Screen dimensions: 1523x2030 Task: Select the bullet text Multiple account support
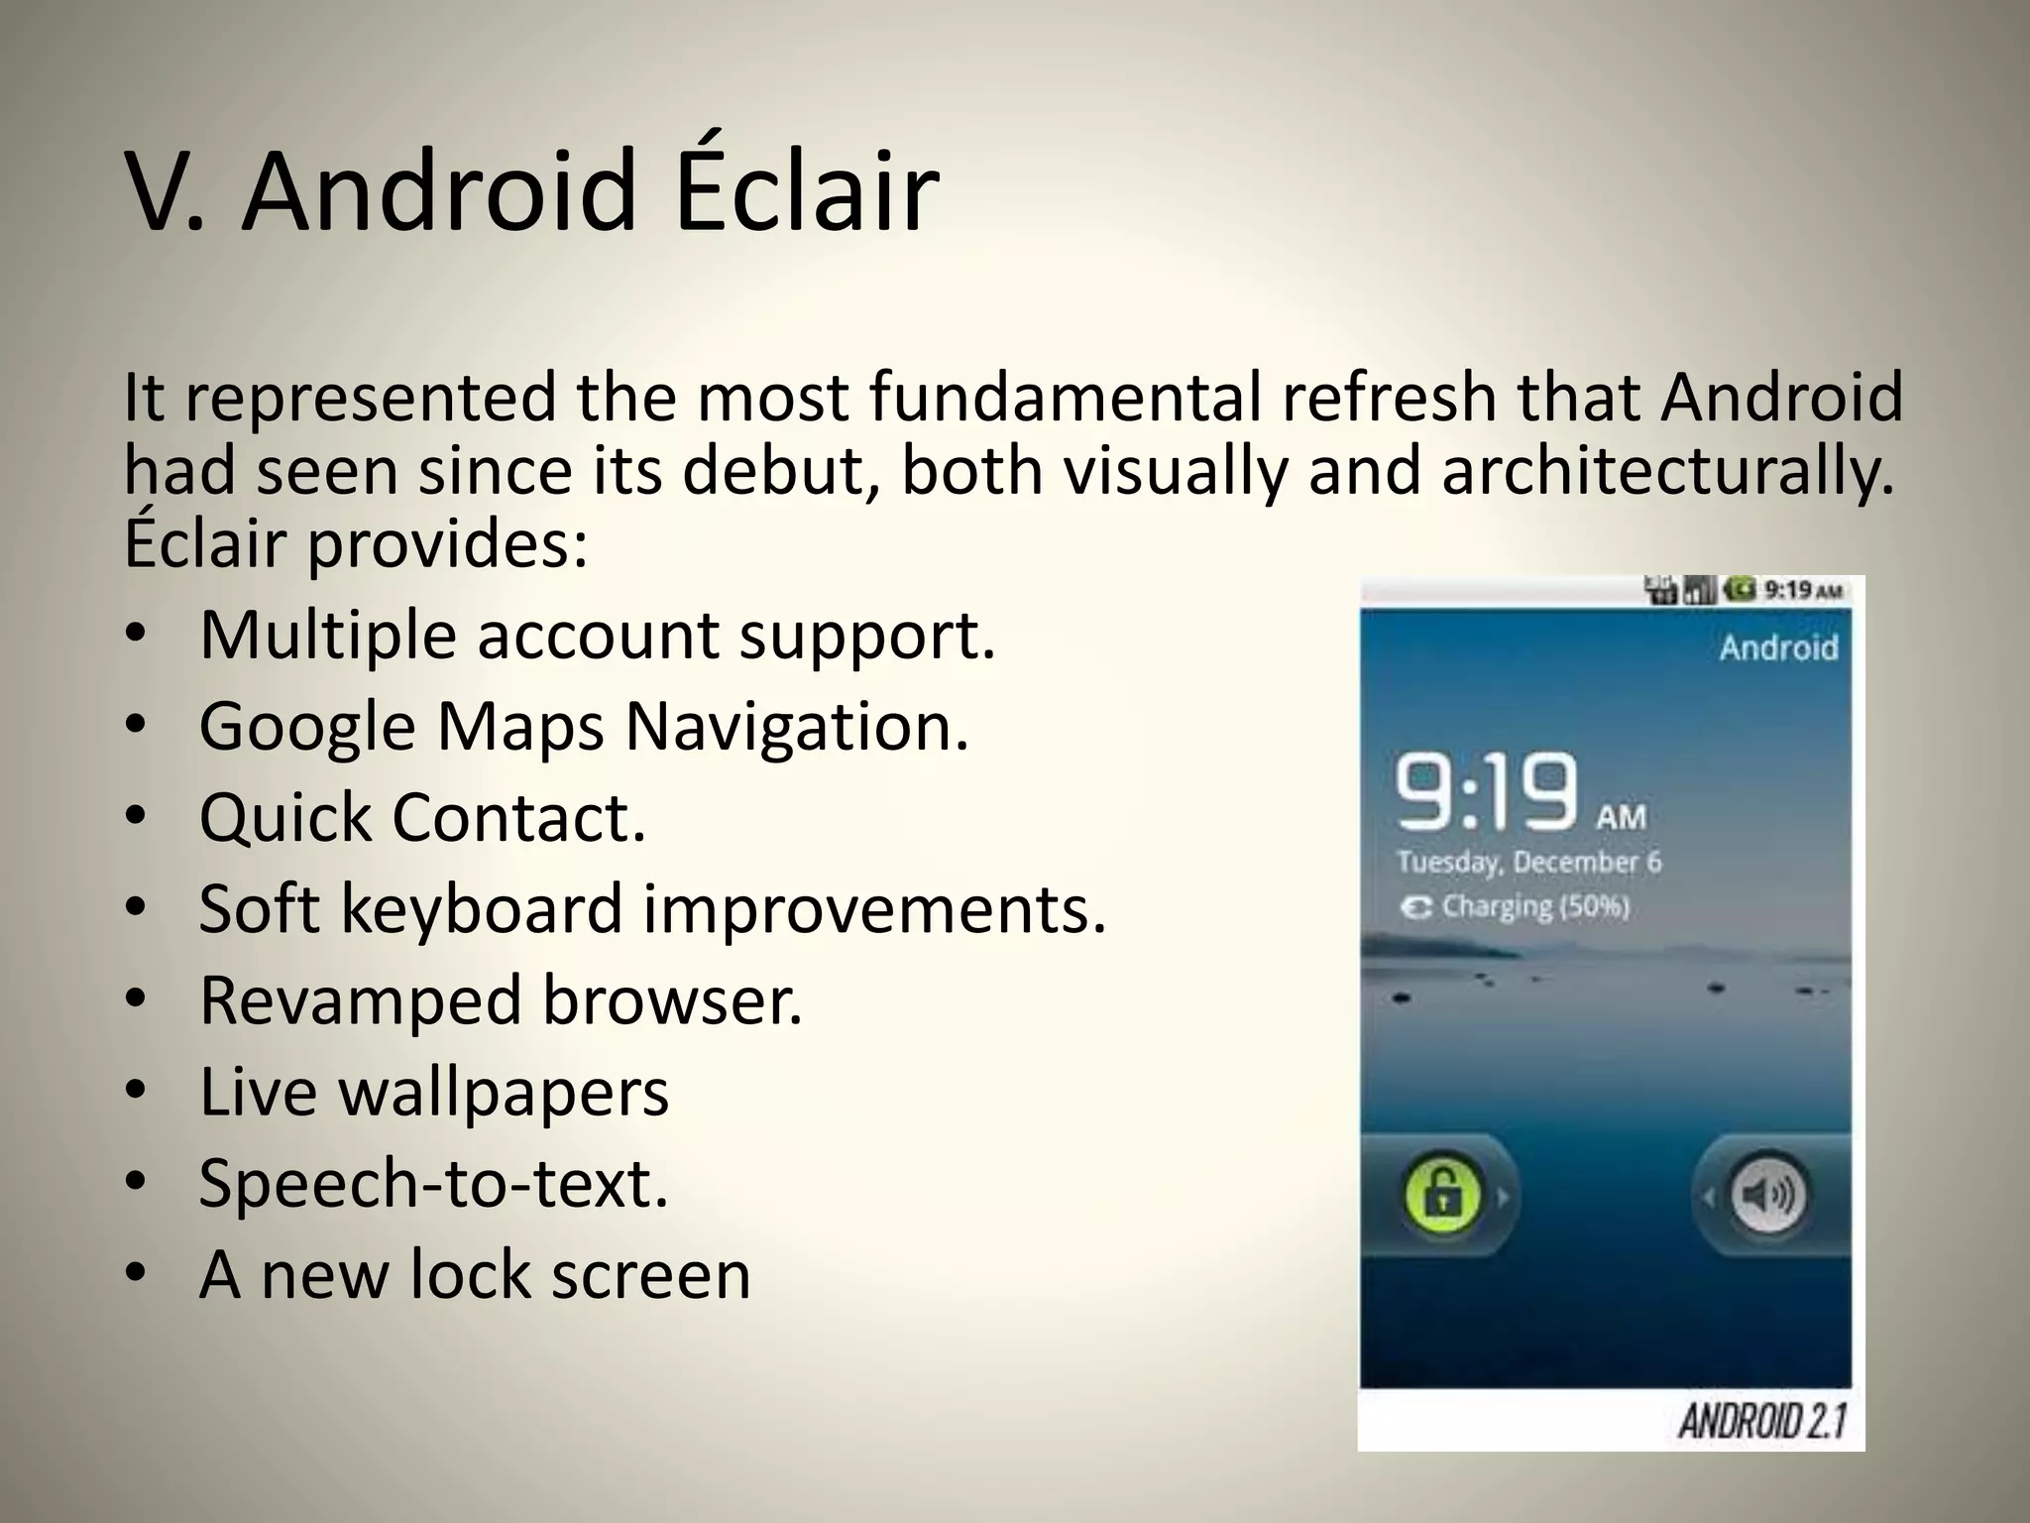click(597, 635)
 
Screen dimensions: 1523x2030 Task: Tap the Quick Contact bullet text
click(422, 818)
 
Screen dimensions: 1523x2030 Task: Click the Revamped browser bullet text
click(501, 1000)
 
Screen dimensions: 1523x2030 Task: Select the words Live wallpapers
click(434, 1092)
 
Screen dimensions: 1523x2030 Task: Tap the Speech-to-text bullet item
click(434, 1183)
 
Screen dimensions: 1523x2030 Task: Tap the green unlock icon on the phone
click(1443, 1195)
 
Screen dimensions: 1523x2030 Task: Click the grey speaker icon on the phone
click(1768, 1195)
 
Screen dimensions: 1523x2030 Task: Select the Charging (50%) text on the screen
click(1534, 906)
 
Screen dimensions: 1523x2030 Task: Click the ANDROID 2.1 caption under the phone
click(1761, 1421)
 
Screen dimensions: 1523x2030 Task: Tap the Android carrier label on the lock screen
click(1778, 647)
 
